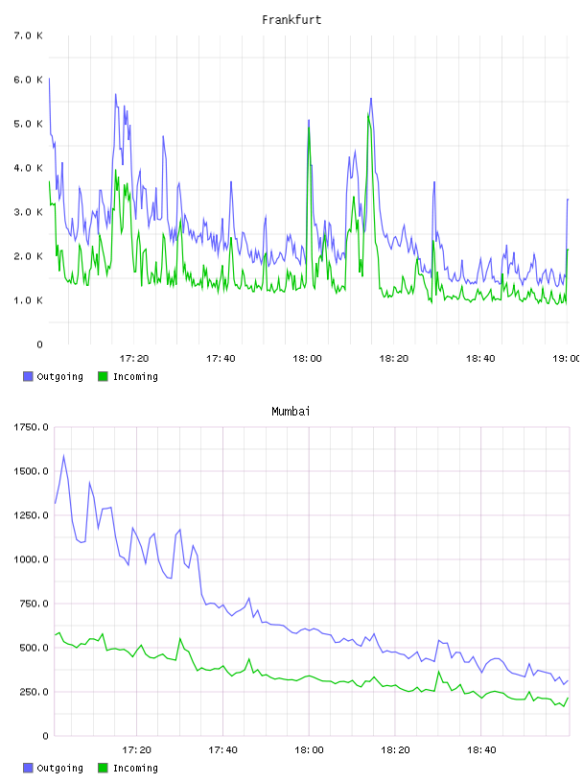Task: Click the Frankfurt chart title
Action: coord(291,20)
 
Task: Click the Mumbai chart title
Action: coord(291,412)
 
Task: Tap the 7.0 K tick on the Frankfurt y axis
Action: coord(29,36)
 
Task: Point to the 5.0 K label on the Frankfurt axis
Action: coord(29,124)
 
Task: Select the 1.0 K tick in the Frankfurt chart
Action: coord(29,300)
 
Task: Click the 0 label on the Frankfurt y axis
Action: coord(39,344)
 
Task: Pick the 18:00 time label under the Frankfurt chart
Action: coord(307,359)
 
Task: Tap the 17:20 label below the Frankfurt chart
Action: coord(134,359)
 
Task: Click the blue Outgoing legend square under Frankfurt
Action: coord(28,376)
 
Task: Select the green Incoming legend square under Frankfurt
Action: coord(103,376)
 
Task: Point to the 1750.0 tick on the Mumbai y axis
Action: coord(31,427)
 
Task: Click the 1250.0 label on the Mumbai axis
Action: coord(31,515)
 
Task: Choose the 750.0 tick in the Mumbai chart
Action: coord(34,604)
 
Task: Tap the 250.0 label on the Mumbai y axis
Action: coord(34,692)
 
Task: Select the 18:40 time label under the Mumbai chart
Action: coord(481,750)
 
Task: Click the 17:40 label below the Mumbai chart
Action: coord(222,750)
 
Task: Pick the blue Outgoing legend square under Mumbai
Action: coord(28,768)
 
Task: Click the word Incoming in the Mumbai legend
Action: coord(135,768)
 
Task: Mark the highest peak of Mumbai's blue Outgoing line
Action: coord(63,456)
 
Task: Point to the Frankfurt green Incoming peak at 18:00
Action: coord(309,128)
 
